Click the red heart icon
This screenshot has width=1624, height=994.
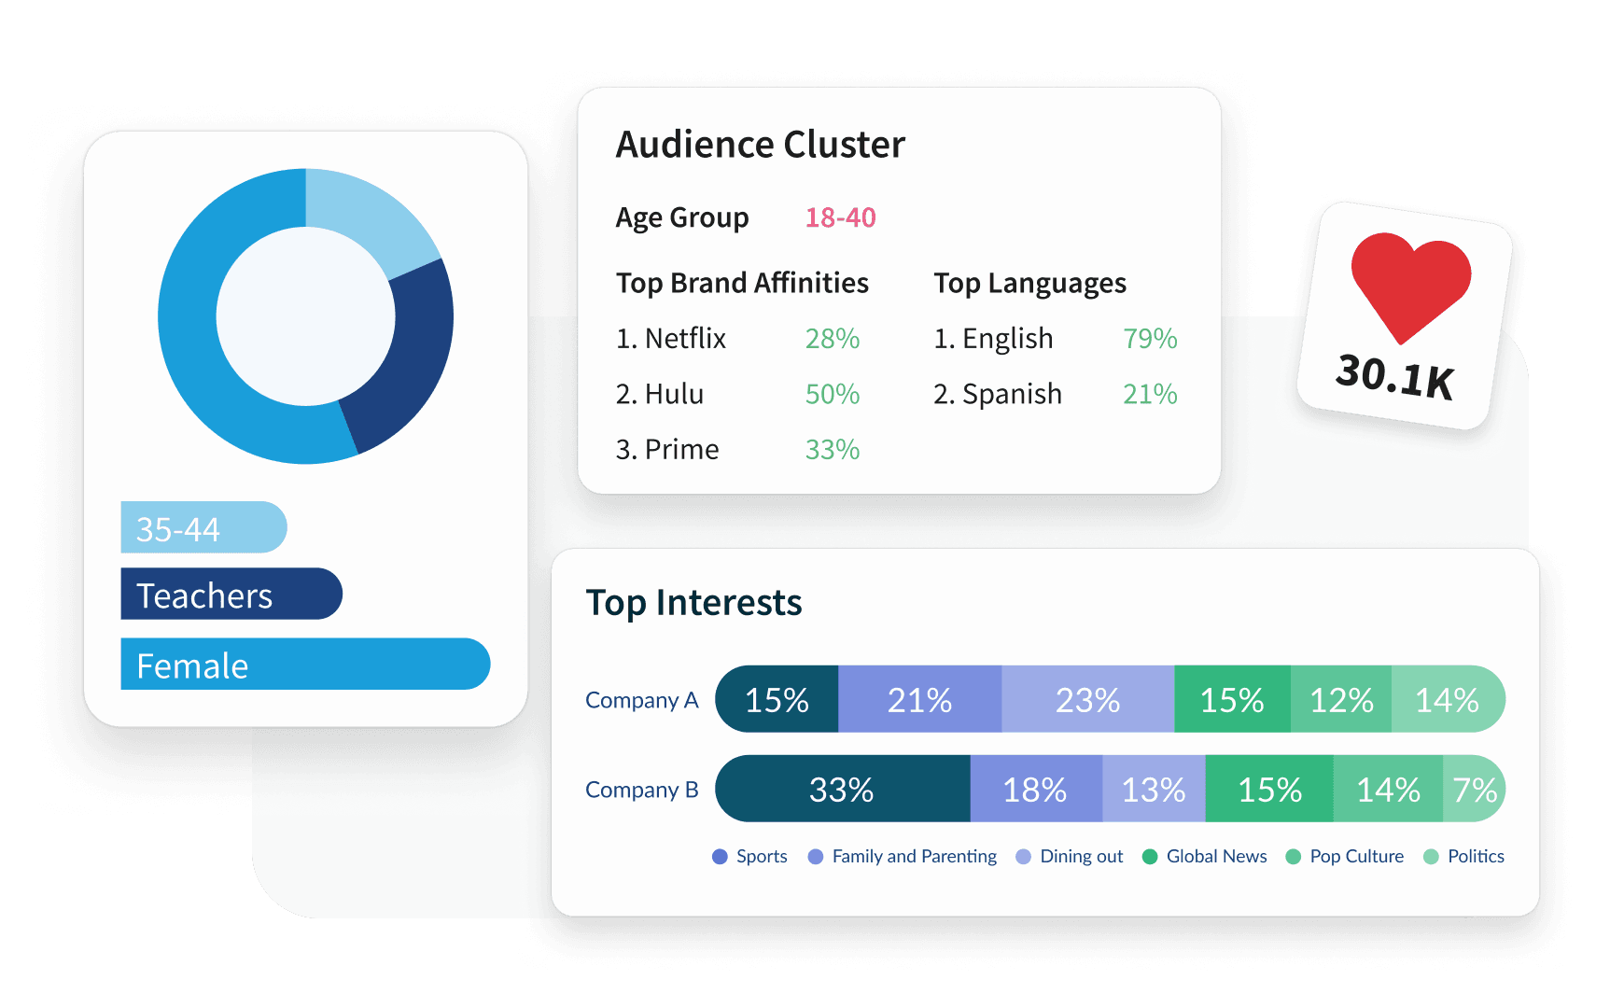tap(1410, 283)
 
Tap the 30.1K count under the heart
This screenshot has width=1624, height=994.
tap(1394, 376)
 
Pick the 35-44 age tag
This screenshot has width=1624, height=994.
tap(203, 528)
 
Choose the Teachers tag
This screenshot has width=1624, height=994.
tap(231, 595)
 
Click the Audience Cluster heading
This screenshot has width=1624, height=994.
tap(760, 145)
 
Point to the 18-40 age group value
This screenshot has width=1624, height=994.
tap(840, 217)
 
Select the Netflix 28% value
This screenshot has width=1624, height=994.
tap(832, 338)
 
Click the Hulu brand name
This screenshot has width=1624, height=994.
tap(674, 394)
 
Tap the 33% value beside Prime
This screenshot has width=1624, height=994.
tap(832, 449)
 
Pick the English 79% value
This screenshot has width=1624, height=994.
tap(1149, 338)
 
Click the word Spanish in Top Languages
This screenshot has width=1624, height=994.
tap(1012, 394)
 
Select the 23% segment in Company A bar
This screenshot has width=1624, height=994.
tap(1087, 699)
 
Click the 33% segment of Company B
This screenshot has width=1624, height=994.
tap(842, 790)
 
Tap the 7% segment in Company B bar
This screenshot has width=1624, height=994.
tap(1475, 790)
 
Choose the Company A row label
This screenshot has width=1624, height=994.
tap(641, 700)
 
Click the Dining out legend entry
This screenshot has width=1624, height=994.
tap(1081, 856)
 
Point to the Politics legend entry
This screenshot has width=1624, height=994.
tap(1475, 856)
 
